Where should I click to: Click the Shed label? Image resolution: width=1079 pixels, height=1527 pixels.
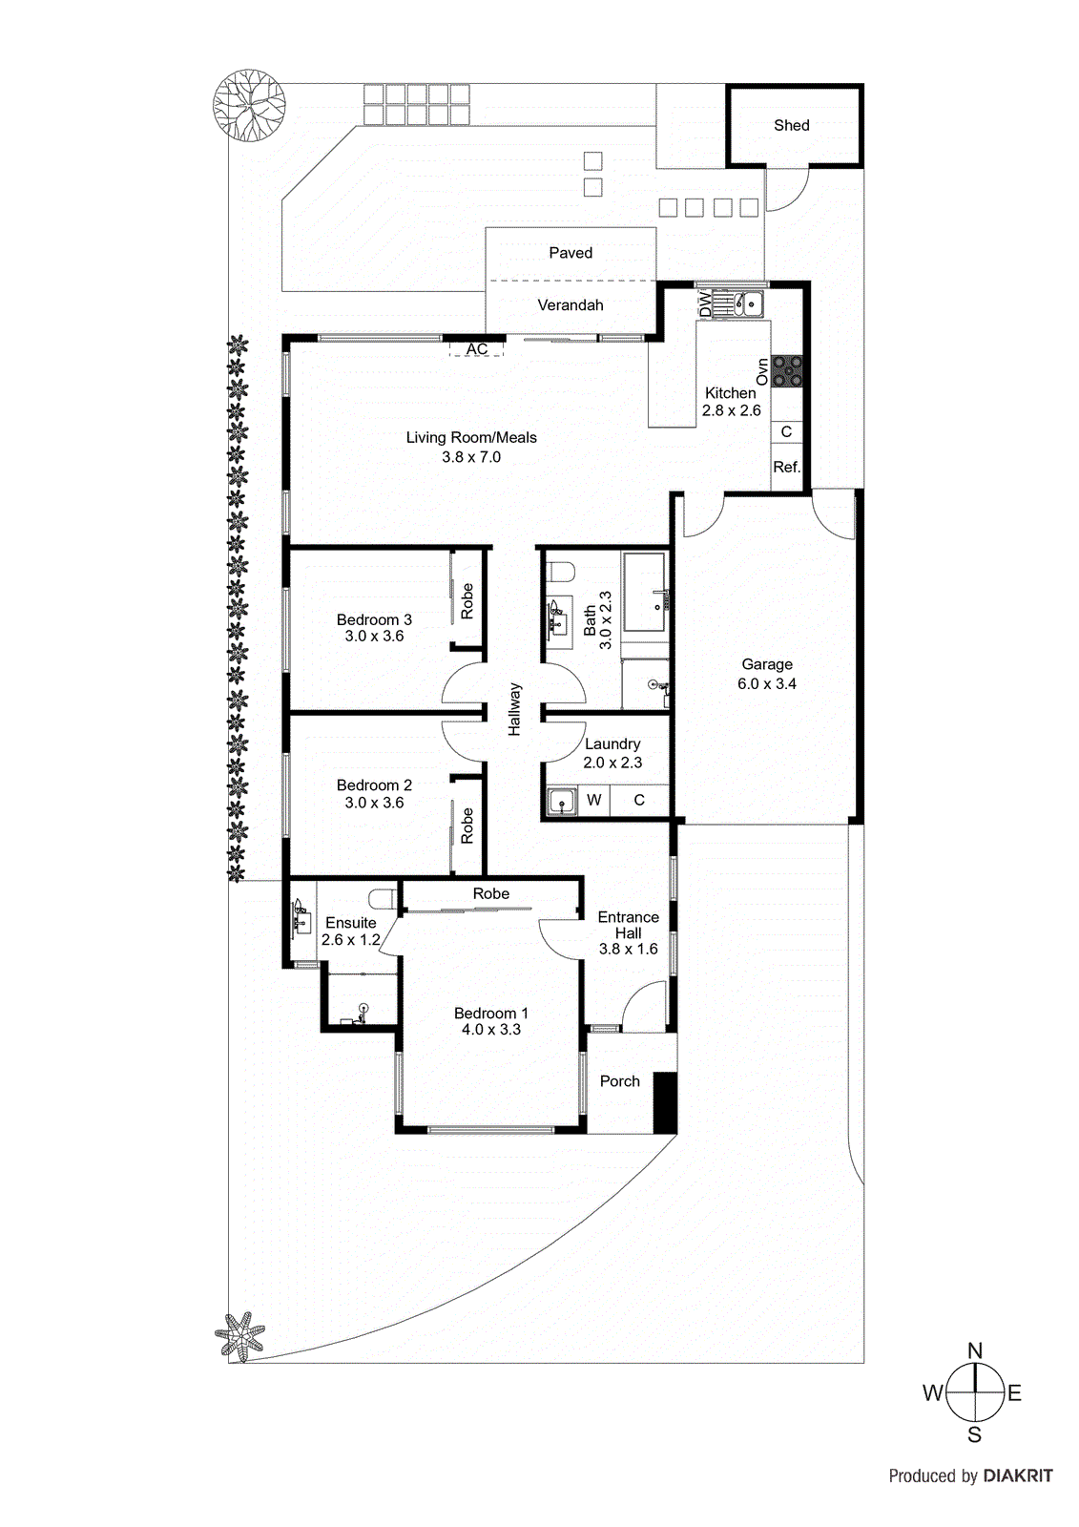791,125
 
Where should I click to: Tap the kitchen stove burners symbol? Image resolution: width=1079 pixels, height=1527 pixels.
787,371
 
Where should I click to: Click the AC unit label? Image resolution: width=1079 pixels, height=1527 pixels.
477,349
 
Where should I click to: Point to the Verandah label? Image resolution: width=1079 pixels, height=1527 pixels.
571,305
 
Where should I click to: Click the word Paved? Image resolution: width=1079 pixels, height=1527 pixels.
571,253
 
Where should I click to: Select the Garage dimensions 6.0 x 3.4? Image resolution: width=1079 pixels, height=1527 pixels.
767,683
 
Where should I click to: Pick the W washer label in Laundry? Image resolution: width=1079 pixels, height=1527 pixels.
594,800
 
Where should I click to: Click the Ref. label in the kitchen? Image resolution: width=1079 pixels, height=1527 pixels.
786,467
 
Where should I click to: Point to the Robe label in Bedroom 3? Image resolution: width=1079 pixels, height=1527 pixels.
467,601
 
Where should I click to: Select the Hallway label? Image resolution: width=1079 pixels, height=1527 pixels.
515,709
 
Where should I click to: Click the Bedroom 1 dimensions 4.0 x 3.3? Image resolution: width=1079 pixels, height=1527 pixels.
491,1030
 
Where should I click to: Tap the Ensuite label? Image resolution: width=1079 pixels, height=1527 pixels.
351,923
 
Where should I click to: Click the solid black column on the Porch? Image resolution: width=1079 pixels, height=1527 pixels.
665,1103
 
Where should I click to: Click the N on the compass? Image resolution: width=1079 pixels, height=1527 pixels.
975,1350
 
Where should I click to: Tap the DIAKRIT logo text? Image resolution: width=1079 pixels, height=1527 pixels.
1018,1475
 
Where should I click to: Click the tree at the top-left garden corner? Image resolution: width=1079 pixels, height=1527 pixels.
249,105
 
